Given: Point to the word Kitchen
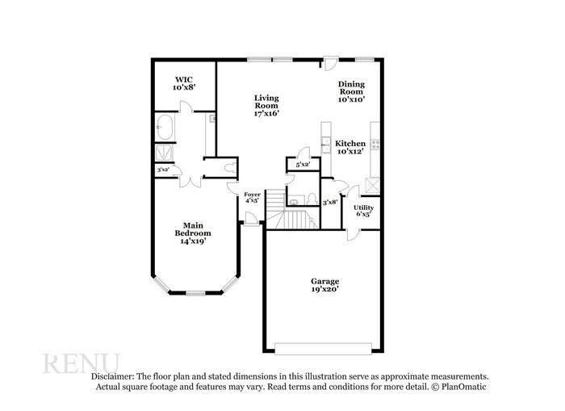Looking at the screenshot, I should click(350, 142).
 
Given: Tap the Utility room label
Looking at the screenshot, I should click(363, 208).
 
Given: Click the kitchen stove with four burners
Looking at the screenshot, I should click(375, 148).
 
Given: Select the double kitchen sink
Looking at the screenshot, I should click(324, 145).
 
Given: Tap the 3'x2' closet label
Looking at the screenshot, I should click(163, 170).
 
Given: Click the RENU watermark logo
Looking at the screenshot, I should click(81, 363).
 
